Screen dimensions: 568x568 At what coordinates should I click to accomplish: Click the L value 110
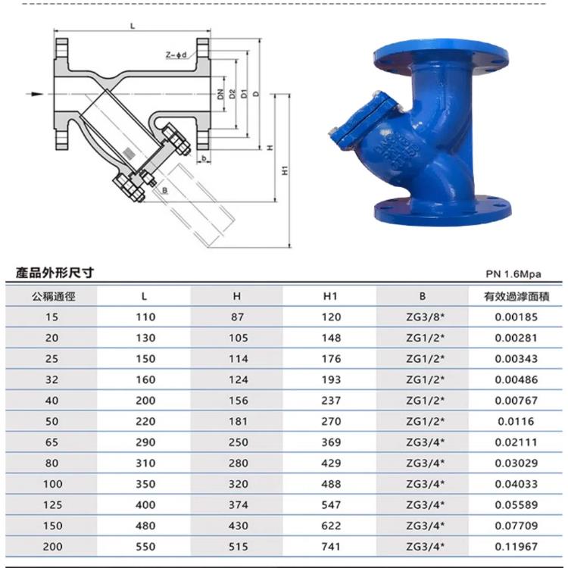(145, 317)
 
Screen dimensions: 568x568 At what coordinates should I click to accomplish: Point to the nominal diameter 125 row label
(53, 504)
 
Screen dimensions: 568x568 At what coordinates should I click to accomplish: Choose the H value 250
(237, 442)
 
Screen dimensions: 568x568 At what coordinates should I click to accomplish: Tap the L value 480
(145, 526)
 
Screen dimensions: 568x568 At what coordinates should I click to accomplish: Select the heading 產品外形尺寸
(55, 273)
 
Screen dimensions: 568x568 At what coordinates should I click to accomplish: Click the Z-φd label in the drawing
(175, 55)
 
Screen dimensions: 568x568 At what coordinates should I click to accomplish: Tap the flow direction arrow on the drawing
(37, 94)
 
